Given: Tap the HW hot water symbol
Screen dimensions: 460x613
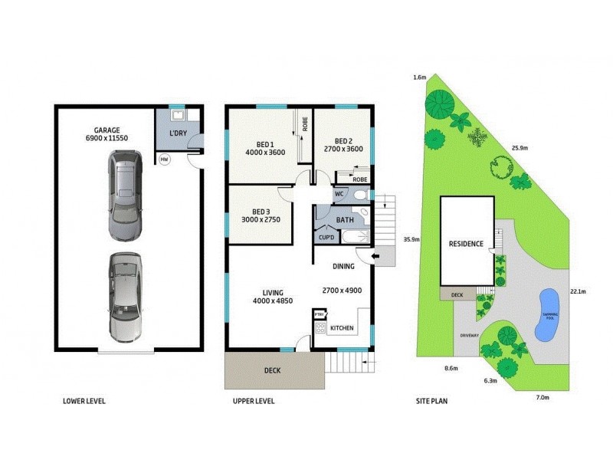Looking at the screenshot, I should coord(164,159).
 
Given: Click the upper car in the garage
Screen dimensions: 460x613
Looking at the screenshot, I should coord(125,195).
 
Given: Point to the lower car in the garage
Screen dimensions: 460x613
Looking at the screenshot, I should coord(125,297).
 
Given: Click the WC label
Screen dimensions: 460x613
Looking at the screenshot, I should coord(338,195).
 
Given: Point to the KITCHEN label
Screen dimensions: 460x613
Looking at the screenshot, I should coord(342,328).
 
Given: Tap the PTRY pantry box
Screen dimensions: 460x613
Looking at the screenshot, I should coord(320,314).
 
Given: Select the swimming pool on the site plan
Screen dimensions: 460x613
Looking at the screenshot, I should coord(547,314).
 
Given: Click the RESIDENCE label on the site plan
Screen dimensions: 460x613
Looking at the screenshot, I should coord(466,244).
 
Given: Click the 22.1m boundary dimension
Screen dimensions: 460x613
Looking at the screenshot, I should coord(579,291).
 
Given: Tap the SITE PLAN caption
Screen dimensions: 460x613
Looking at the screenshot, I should coord(433,401).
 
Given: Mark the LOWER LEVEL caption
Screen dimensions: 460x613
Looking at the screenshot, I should coord(84,401).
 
